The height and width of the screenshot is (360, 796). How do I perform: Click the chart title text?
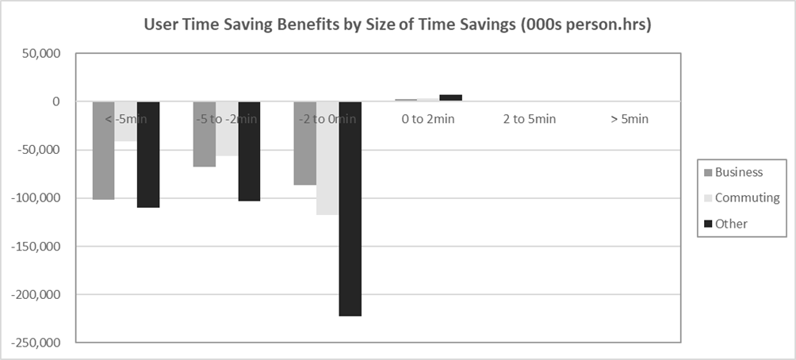(x=397, y=25)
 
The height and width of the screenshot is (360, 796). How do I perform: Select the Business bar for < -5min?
(x=103, y=150)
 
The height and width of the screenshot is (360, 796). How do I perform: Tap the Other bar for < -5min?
(x=148, y=155)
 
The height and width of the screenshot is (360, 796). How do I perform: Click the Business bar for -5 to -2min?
(x=205, y=134)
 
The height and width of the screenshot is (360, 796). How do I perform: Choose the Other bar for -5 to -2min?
(x=249, y=151)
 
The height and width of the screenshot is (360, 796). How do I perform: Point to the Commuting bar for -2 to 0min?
(x=327, y=158)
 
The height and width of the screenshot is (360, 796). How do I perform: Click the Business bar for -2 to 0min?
(x=305, y=143)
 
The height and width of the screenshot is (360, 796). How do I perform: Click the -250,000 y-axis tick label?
(x=33, y=343)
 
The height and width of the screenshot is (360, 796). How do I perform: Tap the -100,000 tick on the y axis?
(x=33, y=198)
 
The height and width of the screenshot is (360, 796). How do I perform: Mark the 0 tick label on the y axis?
(x=56, y=101)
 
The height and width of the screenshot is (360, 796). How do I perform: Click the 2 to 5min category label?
(x=530, y=119)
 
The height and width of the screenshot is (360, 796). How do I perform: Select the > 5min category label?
(x=630, y=119)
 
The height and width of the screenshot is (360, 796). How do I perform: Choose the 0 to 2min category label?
(x=428, y=119)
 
